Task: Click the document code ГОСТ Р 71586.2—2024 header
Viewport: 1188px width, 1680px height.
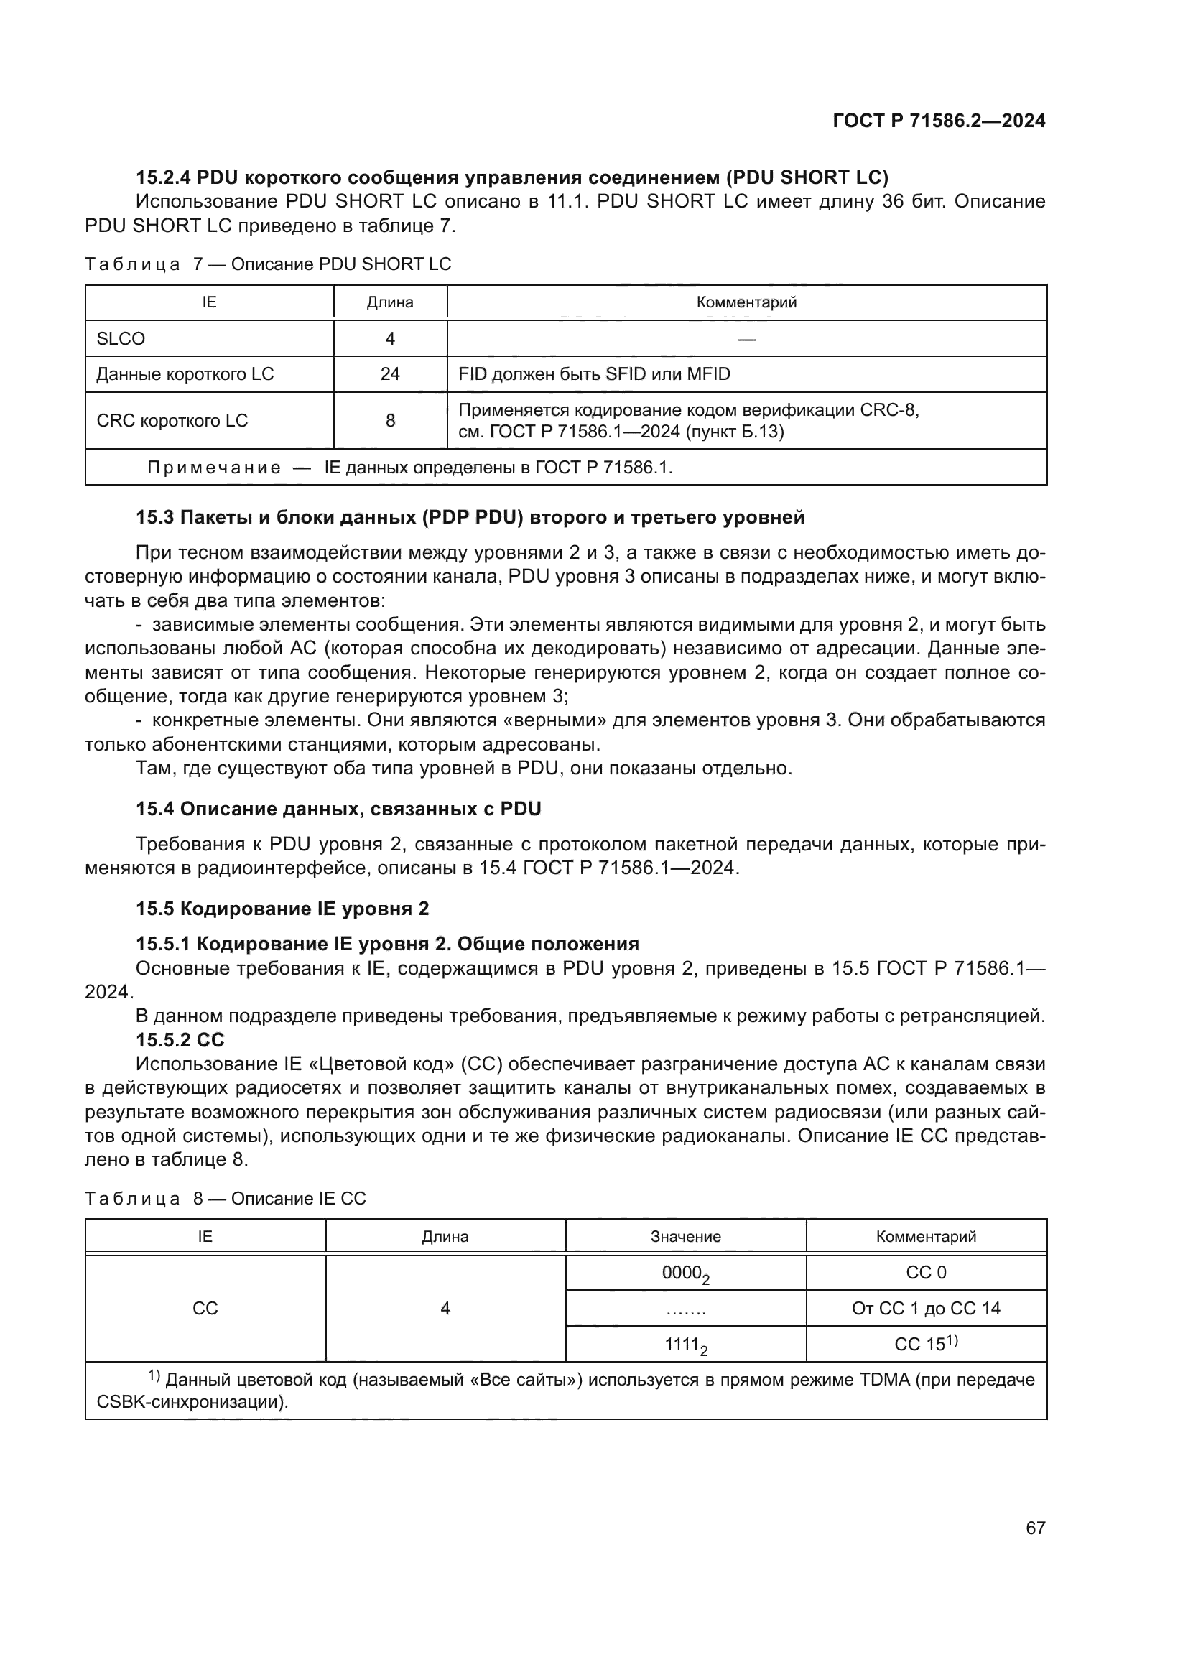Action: [x=939, y=121]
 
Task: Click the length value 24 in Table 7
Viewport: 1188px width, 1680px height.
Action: [x=390, y=374]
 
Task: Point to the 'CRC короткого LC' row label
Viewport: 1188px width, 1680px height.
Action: [x=172, y=421]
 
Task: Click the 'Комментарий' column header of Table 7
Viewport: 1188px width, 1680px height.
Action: [x=746, y=302]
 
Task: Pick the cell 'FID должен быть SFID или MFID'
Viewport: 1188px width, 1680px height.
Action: [x=594, y=374]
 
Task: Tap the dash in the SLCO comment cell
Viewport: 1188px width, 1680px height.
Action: [x=746, y=339]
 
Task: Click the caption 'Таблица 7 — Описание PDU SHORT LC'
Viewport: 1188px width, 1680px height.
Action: [x=268, y=264]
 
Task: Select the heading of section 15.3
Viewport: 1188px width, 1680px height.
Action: [x=470, y=517]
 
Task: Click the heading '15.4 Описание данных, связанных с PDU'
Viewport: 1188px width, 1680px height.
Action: [x=338, y=809]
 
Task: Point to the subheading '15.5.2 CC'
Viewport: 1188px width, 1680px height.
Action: [x=180, y=1040]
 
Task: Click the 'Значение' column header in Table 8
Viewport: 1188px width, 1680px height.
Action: [x=685, y=1237]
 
